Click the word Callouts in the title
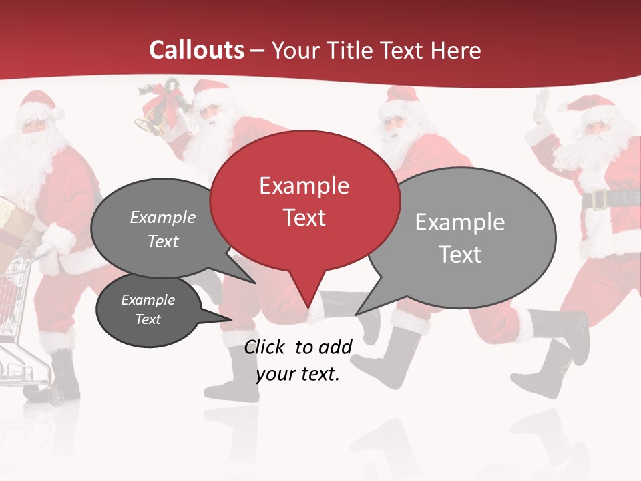click(x=196, y=50)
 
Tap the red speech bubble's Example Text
click(x=304, y=201)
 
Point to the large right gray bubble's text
click(x=459, y=238)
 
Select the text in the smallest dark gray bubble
click(x=148, y=309)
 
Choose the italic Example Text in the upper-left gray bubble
click(x=162, y=229)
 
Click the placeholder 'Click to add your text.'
click(x=298, y=360)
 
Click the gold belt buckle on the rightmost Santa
click(x=598, y=199)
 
